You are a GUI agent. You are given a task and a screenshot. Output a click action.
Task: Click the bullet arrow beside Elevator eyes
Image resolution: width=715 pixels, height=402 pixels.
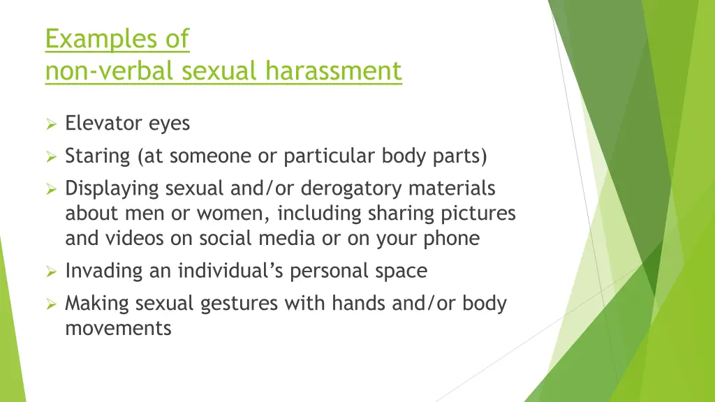point(50,125)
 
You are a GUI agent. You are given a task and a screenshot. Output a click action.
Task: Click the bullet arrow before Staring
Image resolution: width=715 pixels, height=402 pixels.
point(50,156)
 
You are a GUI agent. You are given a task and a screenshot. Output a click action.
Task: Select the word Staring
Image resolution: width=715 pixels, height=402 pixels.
point(97,156)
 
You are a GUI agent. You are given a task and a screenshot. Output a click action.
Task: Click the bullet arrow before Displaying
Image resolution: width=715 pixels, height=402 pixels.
point(50,189)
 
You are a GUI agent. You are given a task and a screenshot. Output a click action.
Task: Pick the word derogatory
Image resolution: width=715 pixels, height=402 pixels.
point(353,188)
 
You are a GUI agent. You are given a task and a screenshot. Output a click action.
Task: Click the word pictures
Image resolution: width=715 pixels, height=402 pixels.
point(478,213)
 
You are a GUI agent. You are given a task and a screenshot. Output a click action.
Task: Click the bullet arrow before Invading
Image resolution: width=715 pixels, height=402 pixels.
point(50,271)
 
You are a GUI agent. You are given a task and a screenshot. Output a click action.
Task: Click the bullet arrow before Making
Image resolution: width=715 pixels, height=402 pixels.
point(50,304)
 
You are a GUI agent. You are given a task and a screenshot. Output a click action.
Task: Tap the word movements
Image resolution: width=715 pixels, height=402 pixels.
point(118,328)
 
